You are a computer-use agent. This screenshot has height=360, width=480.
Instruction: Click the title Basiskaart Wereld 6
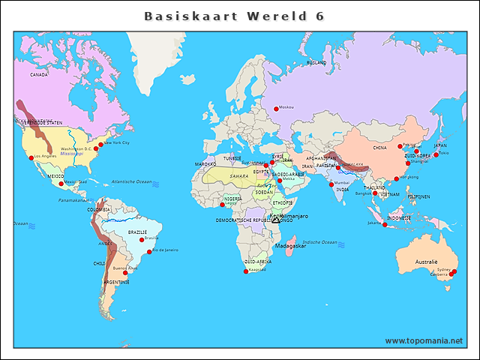click(234, 16)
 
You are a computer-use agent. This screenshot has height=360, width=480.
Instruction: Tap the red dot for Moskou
click(276, 109)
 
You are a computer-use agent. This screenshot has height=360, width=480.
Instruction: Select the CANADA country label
click(39, 75)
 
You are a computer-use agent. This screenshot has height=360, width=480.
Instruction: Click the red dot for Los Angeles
click(31, 157)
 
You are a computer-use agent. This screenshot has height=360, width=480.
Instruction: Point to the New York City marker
click(101, 144)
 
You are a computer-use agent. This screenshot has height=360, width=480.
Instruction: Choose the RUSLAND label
click(316, 63)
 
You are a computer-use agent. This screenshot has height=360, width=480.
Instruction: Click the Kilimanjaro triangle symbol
click(276, 220)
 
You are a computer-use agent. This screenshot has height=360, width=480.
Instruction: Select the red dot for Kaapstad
click(246, 271)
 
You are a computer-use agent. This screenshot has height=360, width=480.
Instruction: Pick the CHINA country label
click(379, 148)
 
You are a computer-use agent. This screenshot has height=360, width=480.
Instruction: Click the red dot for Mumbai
click(331, 184)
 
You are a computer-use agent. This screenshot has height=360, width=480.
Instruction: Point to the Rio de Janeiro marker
click(149, 252)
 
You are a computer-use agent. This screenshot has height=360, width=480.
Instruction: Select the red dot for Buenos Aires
click(125, 273)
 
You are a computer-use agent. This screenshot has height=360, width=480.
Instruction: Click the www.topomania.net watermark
click(424, 340)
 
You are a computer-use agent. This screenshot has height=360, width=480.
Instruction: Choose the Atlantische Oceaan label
click(131, 182)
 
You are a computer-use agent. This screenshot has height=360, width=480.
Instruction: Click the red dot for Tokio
click(436, 154)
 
